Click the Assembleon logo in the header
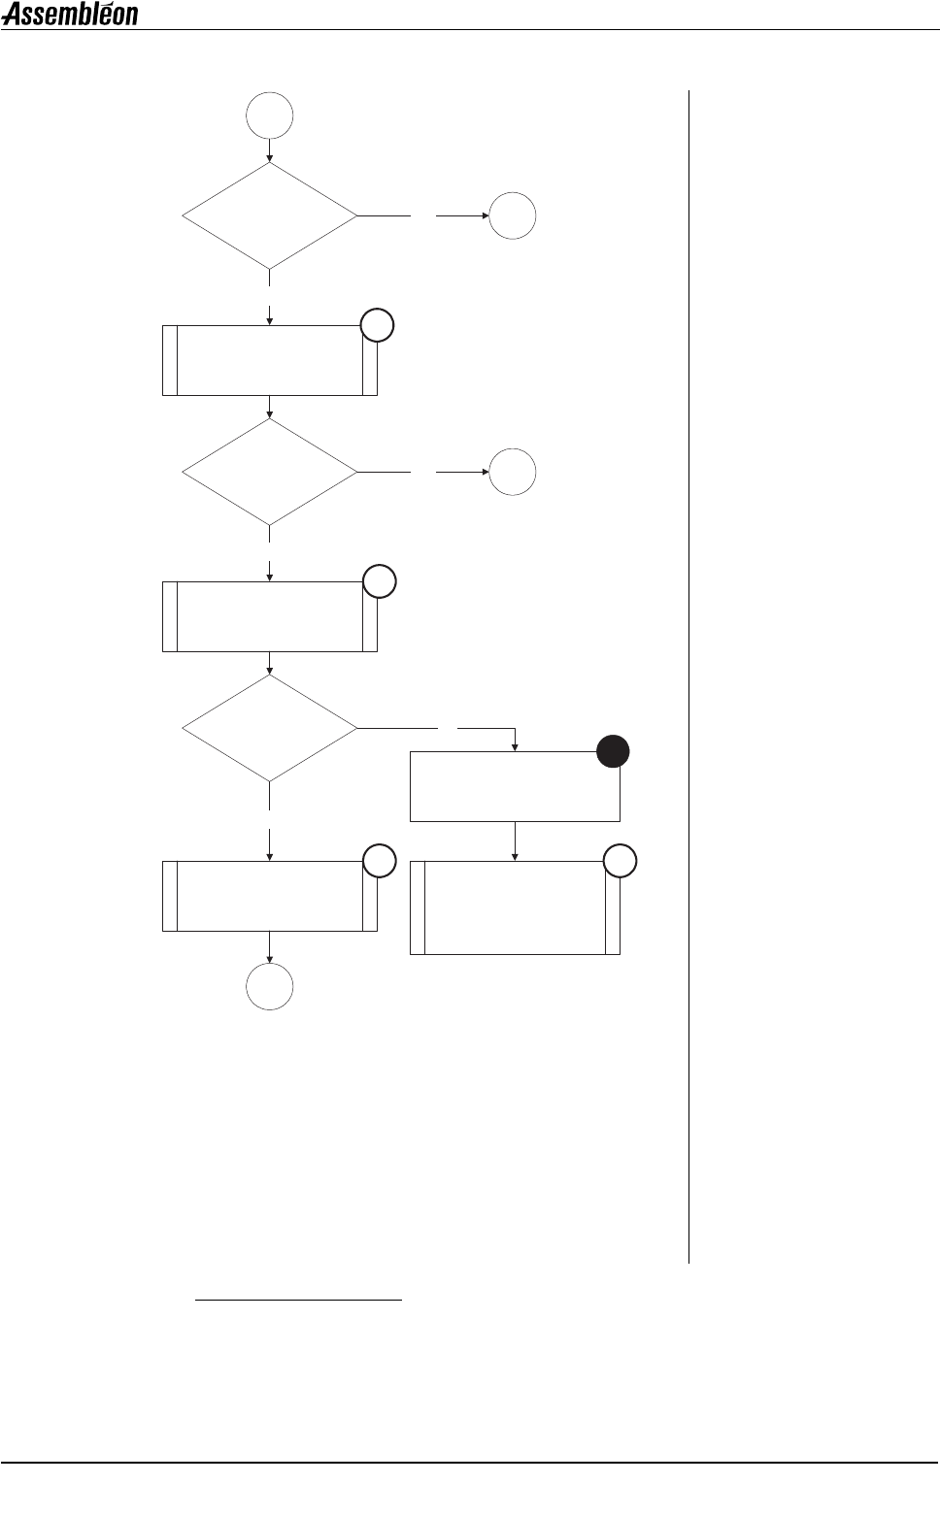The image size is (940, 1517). click(x=70, y=14)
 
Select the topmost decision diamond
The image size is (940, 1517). click(x=270, y=215)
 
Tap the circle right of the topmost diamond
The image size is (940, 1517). click(x=513, y=215)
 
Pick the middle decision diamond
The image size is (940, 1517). click(x=270, y=472)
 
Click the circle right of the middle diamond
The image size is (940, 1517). click(x=513, y=472)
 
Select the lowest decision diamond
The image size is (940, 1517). click(x=270, y=728)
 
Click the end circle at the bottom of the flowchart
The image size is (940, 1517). click(x=270, y=988)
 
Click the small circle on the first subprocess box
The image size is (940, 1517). click(x=378, y=326)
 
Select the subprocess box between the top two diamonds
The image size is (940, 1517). click(x=270, y=360)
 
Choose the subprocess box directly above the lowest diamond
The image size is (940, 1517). click(x=270, y=616)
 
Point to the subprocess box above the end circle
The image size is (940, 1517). click(x=270, y=896)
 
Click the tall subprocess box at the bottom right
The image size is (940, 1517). click(x=515, y=907)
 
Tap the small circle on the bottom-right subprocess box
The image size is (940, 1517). click(x=621, y=861)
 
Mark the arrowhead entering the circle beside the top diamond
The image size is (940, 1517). click(x=483, y=215)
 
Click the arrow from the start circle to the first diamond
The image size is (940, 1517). click(x=270, y=151)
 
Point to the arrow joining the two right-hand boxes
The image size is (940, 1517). click(x=515, y=841)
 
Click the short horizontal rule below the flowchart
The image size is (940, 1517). click(x=299, y=1299)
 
